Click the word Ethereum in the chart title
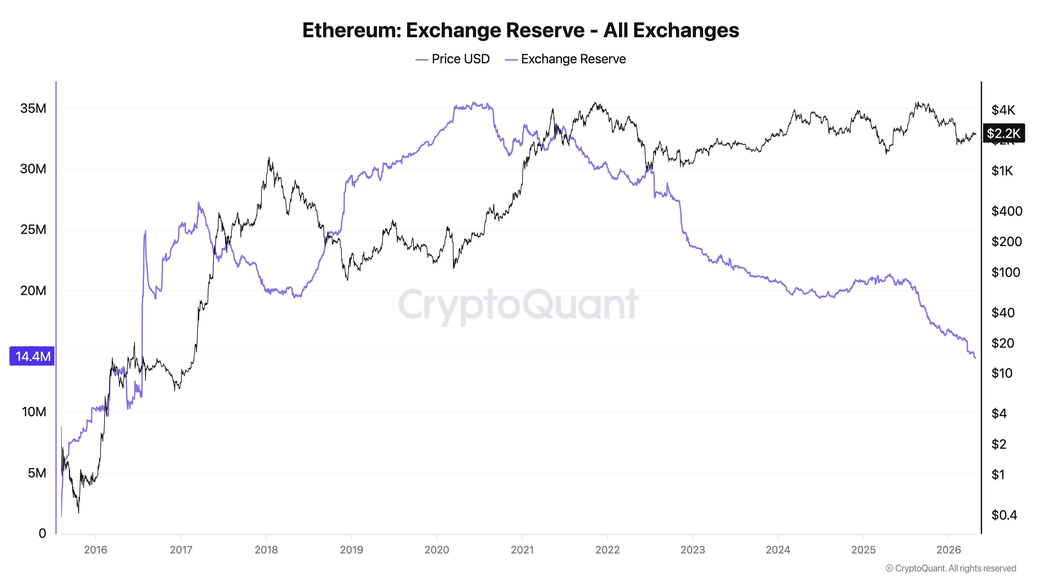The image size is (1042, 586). tap(350, 30)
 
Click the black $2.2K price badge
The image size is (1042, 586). tap(1003, 133)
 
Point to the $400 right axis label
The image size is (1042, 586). tap(1006, 211)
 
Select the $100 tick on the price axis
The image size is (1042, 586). tap(1005, 272)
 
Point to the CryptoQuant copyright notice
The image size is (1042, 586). tap(951, 569)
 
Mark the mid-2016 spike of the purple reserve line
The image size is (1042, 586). tap(145, 232)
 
